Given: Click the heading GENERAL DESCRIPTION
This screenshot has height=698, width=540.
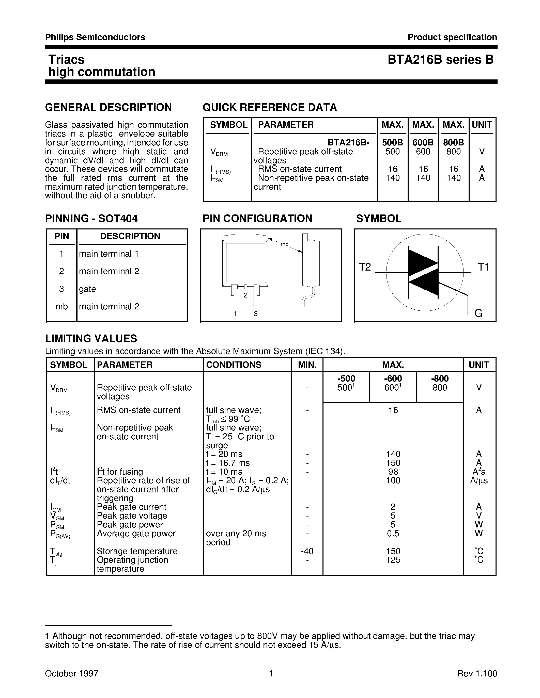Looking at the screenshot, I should pyautogui.click(x=108, y=107).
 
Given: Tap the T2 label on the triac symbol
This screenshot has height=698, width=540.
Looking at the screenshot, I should pyautogui.click(x=365, y=267).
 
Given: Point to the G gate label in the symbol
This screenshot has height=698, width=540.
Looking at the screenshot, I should pyautogui.click(x=478, y=313).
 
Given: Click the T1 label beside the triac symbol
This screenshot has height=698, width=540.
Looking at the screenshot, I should pyautogui.click(x=483, y=267).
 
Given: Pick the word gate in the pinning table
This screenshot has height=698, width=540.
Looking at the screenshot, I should pyautogui.click(x=87, y=289).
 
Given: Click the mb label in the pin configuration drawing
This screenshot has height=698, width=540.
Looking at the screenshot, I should pyautogui.click(x=284, y=244).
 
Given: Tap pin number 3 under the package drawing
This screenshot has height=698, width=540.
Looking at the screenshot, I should pyautogui.click(x=256, y=314).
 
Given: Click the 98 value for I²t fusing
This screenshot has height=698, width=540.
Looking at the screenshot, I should pyautogui.click(x=393, y=472).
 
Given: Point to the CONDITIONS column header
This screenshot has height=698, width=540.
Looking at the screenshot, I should pyautogui.click(x=234, y=365).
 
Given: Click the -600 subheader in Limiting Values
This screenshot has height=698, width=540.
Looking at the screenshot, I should pyautogui.click(x=393, y=378).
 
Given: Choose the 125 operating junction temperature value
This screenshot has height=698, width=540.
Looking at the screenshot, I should pyautogui.click(x=393, y=560).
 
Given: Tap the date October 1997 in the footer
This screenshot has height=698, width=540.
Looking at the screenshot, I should pyautogui.click(x=71, y=673).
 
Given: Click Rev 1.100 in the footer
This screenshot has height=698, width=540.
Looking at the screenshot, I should pyautogui.click(x=477, y=673).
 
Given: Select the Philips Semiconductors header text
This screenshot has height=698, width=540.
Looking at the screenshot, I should pyautogui.click(x=95, y=37).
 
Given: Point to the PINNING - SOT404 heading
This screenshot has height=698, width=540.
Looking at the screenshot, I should pyautogui.click(x=91, y=219).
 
